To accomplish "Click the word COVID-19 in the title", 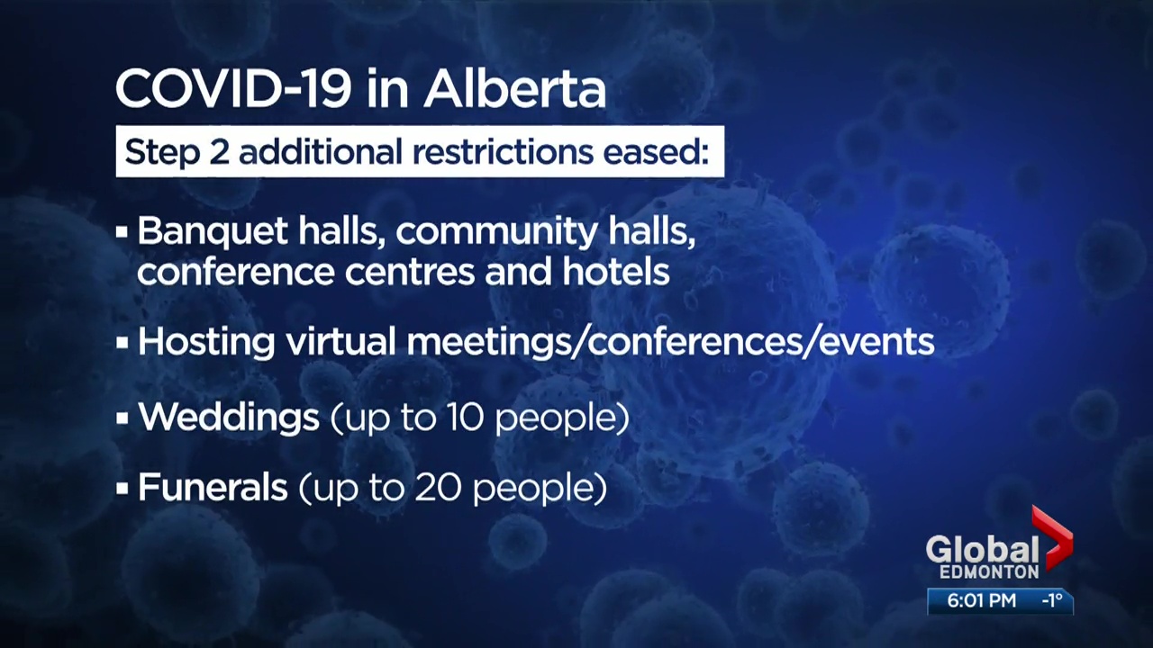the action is click(234, 89).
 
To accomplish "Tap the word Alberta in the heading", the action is click(514, 89).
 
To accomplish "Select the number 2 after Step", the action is click(219, 152).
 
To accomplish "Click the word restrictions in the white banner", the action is click(503, 152).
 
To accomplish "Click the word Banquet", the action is click(213, 231).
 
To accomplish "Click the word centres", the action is click(410, 273).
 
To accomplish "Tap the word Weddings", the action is click(229, 417).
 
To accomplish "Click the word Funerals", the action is click(213, 487).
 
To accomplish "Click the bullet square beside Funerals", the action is click(122, 488).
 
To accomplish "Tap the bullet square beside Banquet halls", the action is click(122, 232).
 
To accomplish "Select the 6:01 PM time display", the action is click(982, 600).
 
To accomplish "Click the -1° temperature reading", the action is click(1052, 600).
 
